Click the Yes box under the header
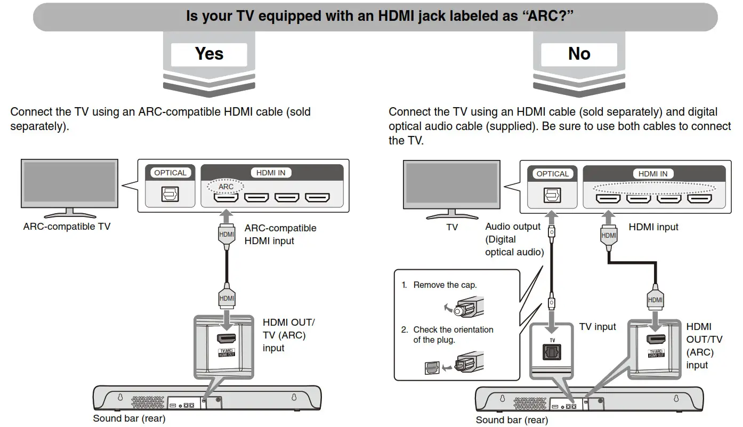pos(209,54)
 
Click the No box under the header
pos(579,54)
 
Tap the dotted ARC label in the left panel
pos(226,187)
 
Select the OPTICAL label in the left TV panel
pos(170,173)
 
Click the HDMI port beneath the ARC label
pos(227,198)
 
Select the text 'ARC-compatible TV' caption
pos(67,227)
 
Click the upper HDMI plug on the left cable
pos(227,233)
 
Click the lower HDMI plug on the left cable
pos(227,298)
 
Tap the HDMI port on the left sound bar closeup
pos(227,339)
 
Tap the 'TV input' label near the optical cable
pos(597,327)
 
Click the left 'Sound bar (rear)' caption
pos(129,418)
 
